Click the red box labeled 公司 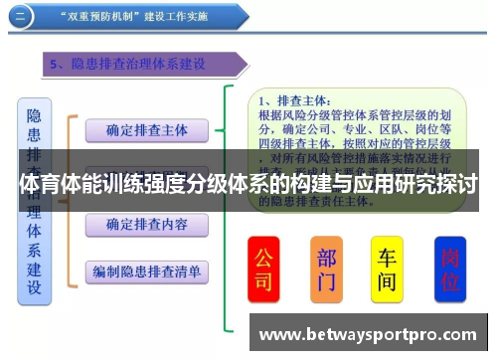[263, 270]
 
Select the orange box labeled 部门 [326, 270]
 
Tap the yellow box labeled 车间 [387, 270]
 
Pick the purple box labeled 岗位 [450, 270]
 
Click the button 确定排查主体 [146, 130]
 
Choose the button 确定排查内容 [146, 226]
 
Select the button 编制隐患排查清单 [146, 270]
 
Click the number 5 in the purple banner [56, 64]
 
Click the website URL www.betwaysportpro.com [369, 333]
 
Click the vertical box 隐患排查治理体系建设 [34, 199]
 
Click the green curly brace [232, 199]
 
